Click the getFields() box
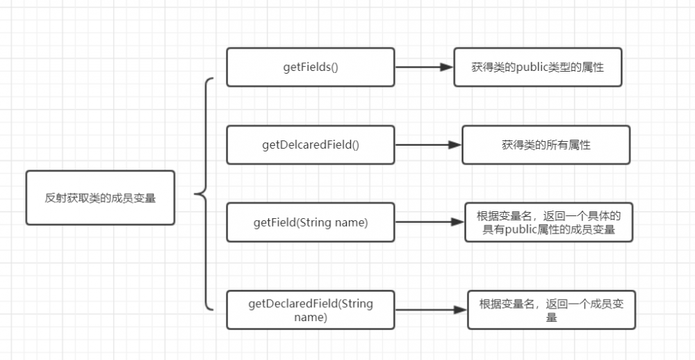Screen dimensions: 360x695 pyautogui.click(x=311, y=67)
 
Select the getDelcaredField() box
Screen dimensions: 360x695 pyautogui.click(x=311, y=145)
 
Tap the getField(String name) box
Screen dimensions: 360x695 pyautogui.click(x=311, y=222)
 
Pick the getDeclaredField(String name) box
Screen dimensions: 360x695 pyautogui.click(x=311, y=310)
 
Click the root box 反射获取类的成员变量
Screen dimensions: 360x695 pyautogui.click(x=100, y=197)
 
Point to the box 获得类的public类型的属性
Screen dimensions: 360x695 pyautogui.click(x=537, y=67)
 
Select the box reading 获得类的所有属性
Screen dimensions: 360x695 pyautogui.click(x=546, y=145)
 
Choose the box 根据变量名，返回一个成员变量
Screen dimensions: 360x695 pyautogui.click(x=551, y=310)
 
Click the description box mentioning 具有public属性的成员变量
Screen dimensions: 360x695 pyautogui.click(x=548, y=222)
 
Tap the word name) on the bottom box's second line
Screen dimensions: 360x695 pyautogui.click(x=311, y=317)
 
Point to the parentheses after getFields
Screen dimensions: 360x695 pyautogui.click(x=334, y=67)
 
